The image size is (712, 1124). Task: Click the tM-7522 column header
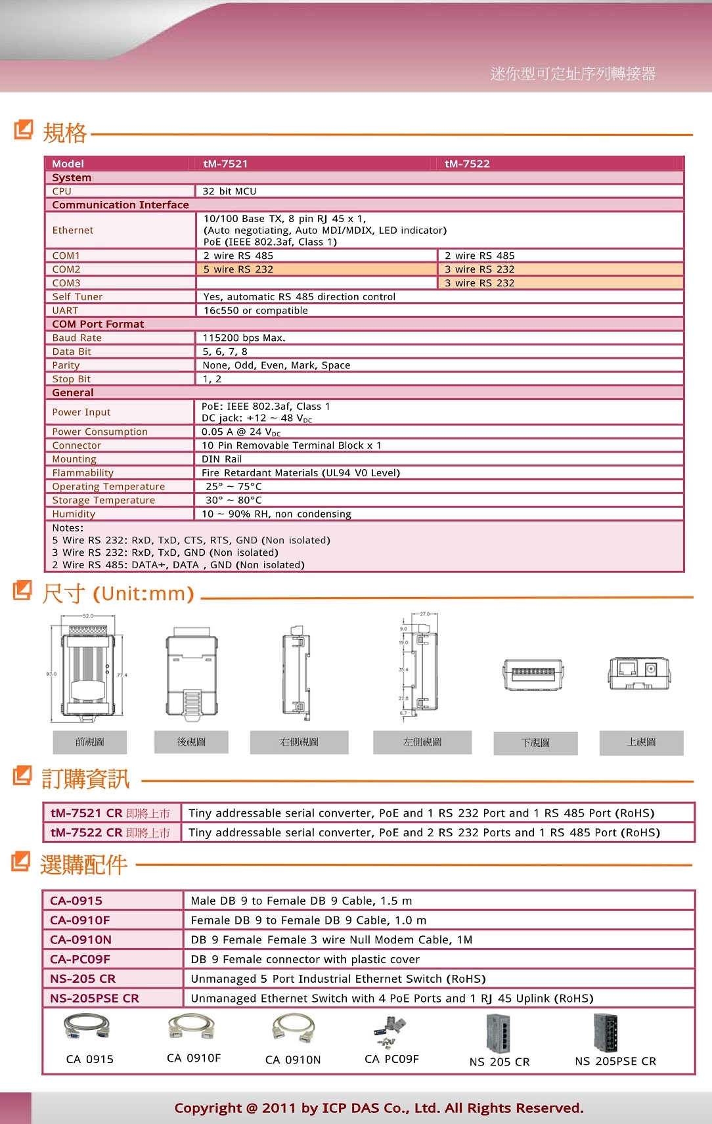(467, 164)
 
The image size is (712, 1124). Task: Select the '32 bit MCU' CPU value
(229, 191)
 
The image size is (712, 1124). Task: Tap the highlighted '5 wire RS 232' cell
(238, 269)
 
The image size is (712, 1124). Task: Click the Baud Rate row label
(77, 338)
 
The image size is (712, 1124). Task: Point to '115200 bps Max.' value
(244, 338)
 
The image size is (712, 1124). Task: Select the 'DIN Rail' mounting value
(221, 459)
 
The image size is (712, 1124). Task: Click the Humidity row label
(74, 514)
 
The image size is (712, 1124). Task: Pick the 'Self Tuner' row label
(77, 297)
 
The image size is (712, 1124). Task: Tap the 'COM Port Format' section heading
(98, 324)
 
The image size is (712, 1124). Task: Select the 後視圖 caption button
(191, 742)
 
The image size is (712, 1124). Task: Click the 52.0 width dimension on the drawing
(88, 616)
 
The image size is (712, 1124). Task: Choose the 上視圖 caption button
(641, 742)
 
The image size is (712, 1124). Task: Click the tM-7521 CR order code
(87, 813)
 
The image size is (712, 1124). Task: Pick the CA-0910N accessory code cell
(81, 939)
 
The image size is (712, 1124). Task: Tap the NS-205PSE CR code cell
(95, 998)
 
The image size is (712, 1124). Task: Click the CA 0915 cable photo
(87, 1027)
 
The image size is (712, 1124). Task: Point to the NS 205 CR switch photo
(498, 1033)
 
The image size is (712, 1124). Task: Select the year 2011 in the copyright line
(279, 1108)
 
